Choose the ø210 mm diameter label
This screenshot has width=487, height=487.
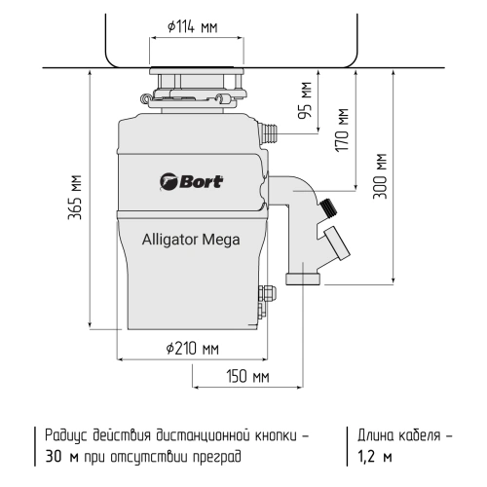pyautogui.click(x=192, y=348)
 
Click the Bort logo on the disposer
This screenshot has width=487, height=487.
pyautogui.click(x=191, y=178)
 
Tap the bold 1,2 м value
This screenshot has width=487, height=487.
pyautogui.click(x=374, y=456)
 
